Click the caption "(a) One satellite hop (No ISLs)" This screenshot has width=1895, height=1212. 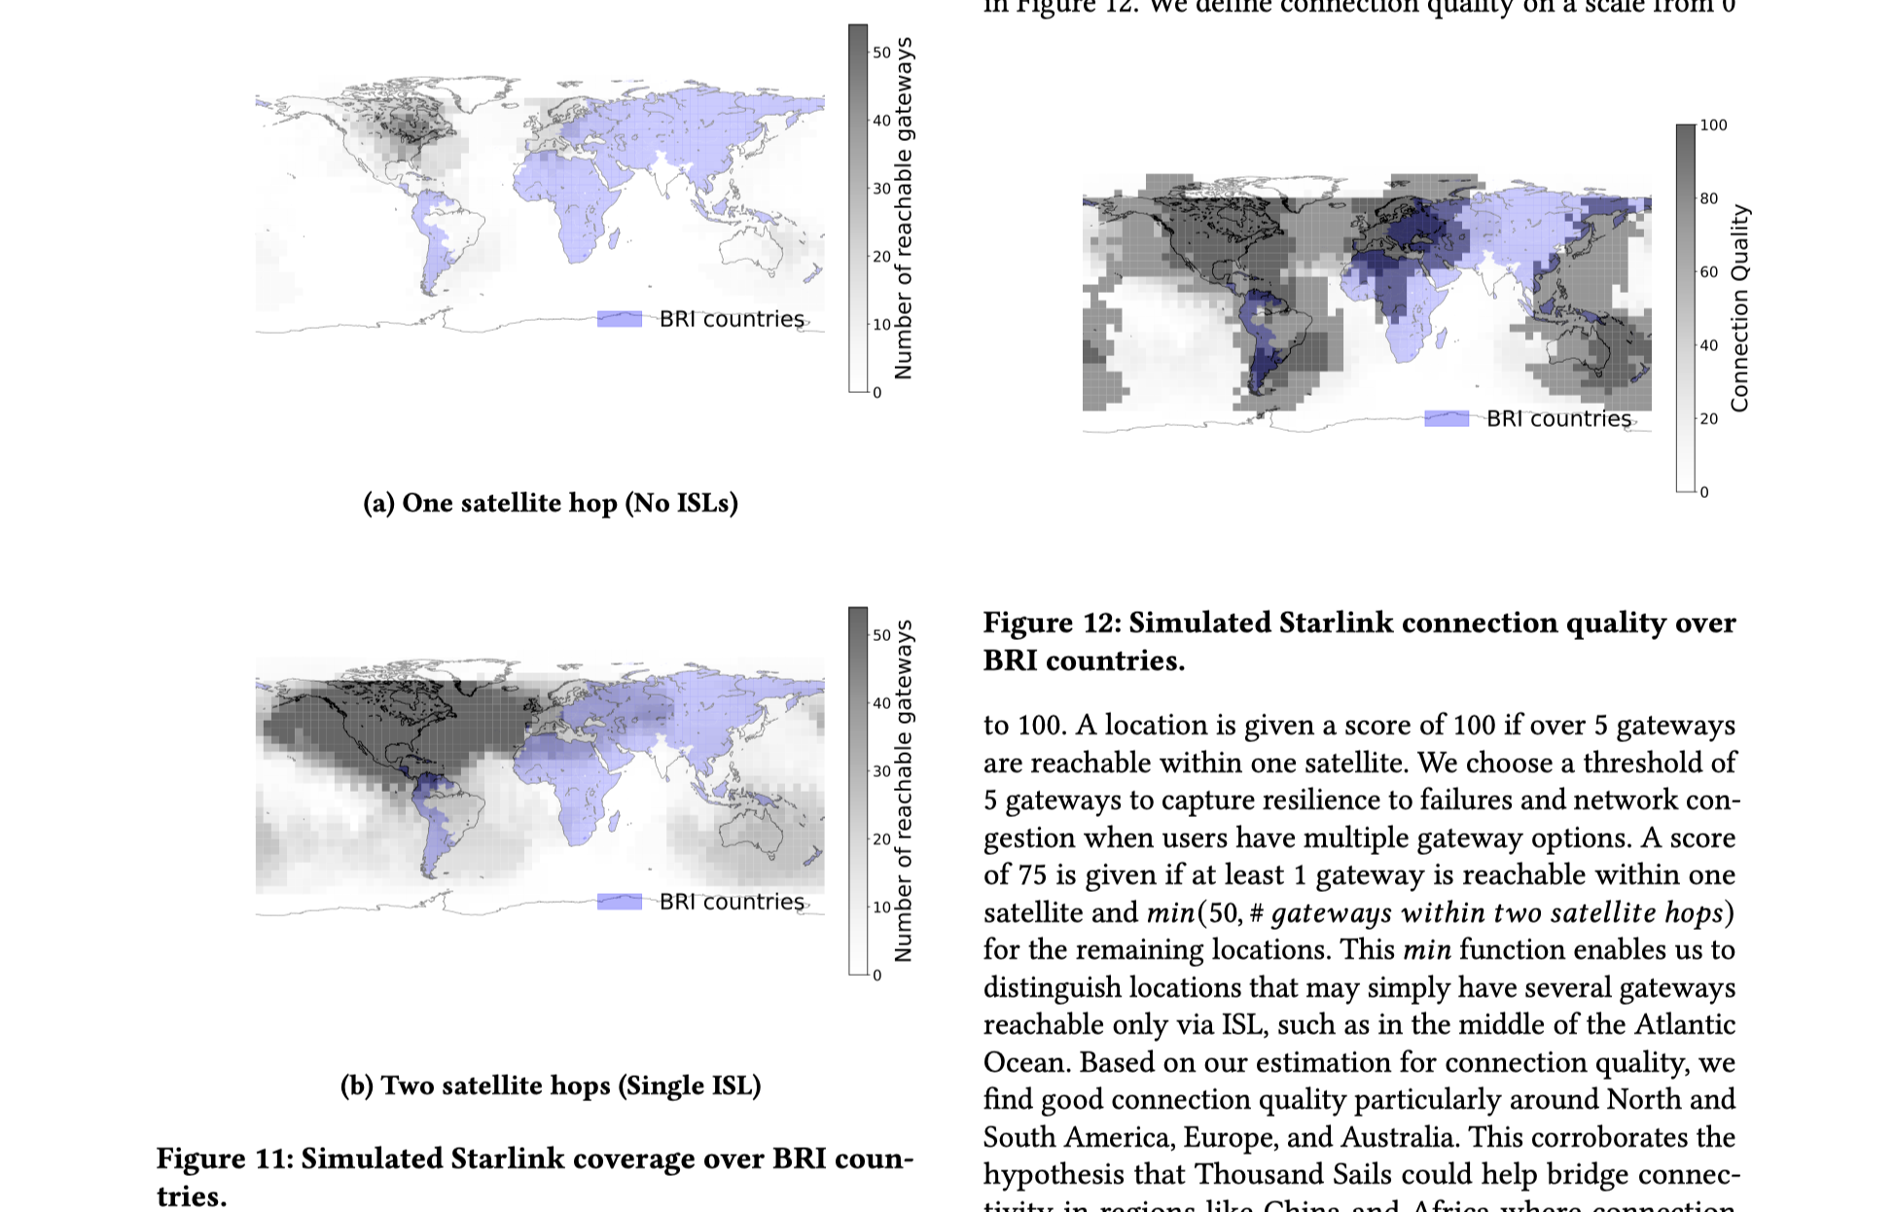[551, 503]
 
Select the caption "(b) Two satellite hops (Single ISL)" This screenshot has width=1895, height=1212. [551, 1086]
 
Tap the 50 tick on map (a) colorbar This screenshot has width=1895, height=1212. [880, 53]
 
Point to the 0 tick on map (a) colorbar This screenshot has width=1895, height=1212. [876, 393]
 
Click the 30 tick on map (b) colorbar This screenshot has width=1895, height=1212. [880, 771]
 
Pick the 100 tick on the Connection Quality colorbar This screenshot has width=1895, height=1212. [1713, 125]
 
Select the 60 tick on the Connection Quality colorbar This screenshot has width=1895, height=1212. [1708, 272]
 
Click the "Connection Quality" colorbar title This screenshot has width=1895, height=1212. [1740, 308]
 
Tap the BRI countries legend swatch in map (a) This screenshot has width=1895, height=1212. [620, 319]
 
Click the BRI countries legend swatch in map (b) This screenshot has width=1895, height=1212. [620, 902]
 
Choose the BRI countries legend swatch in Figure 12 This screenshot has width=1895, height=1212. [1447, 418]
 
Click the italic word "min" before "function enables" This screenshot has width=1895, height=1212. [1426, 949]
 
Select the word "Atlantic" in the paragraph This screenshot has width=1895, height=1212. [1685, 1024]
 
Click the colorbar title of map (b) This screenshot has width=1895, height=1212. [904, 791]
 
